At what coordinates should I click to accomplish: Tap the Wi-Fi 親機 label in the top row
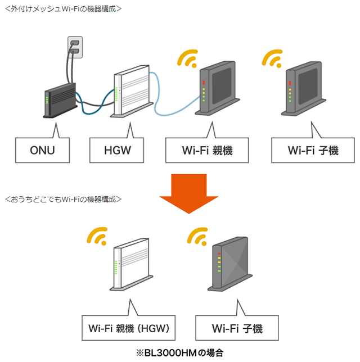tap(208, 150)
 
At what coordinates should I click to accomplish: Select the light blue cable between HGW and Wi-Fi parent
tap(169, 104)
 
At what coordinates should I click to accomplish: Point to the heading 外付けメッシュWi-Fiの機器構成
tap(62, 8)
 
